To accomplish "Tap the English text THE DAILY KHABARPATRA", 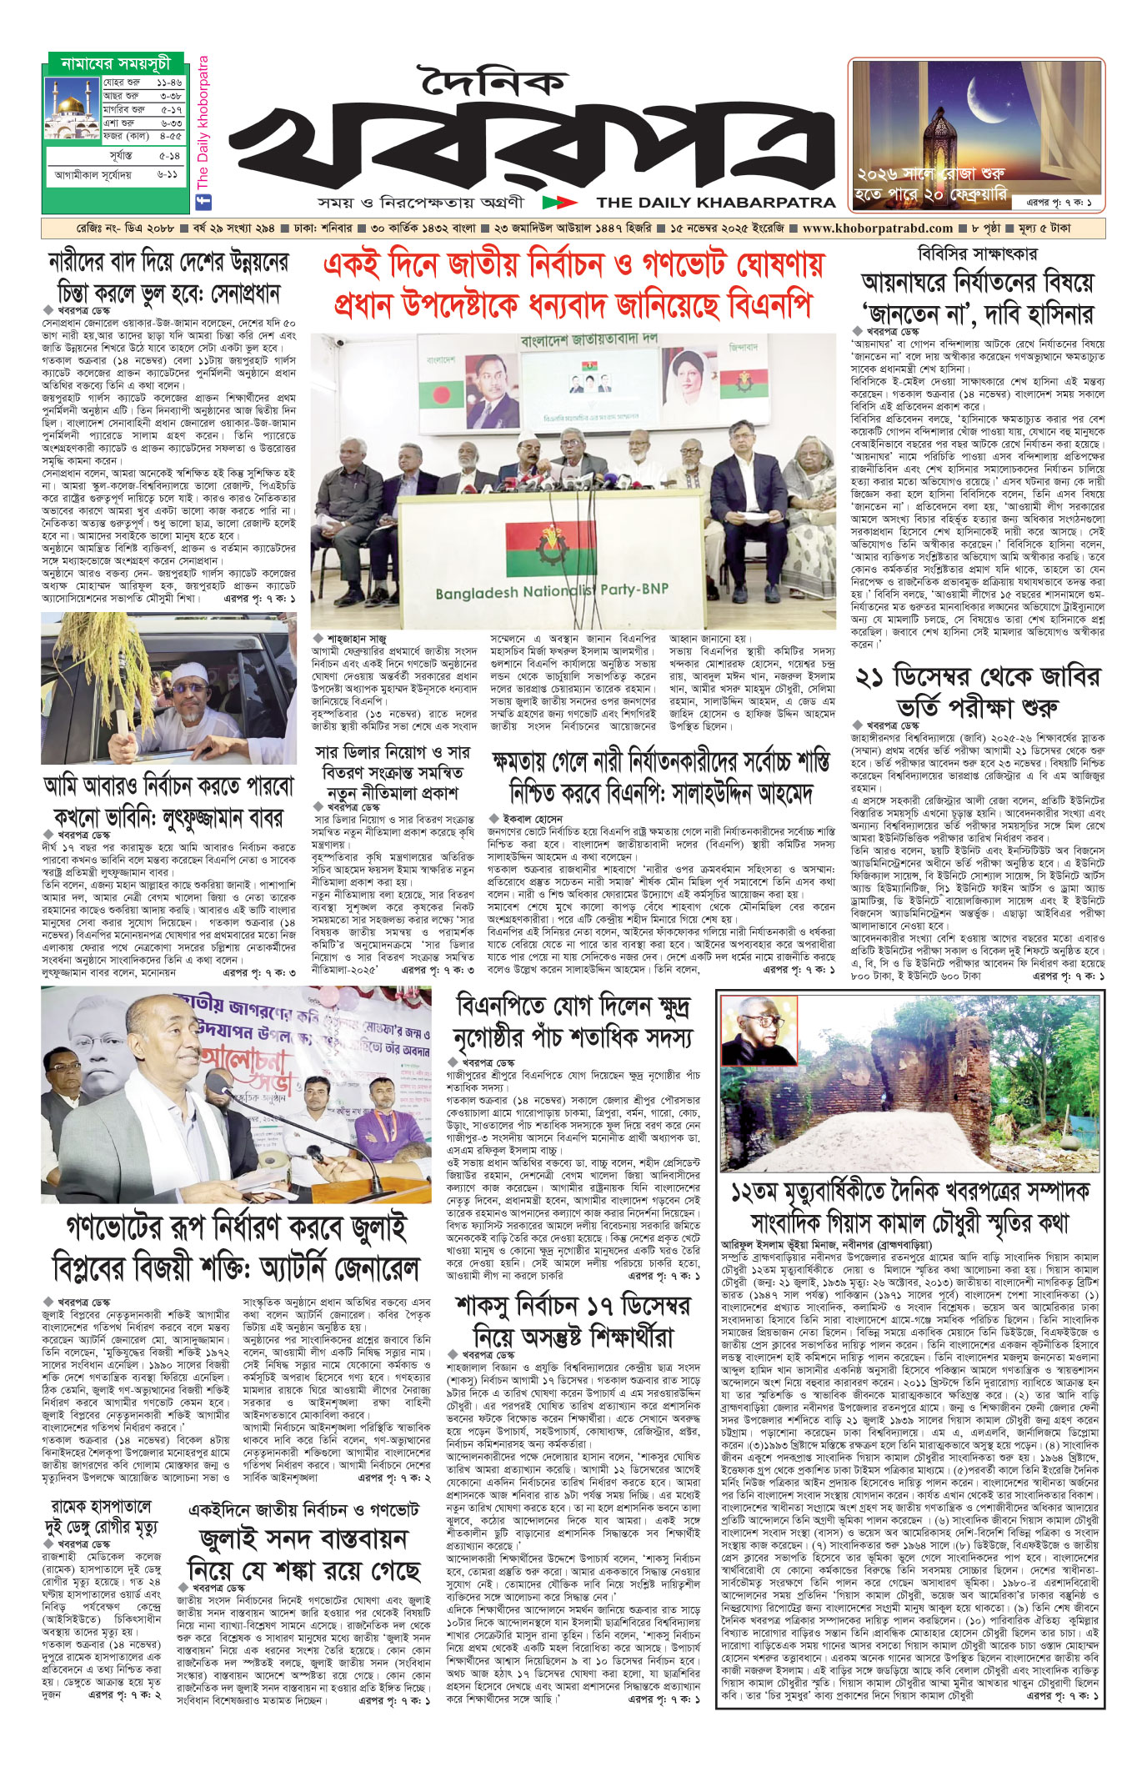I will click(716, 203).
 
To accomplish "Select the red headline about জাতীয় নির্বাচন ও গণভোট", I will click(573, 285).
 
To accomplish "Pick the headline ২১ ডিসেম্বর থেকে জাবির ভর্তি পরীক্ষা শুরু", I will click(977, 693).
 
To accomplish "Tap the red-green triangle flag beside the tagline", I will click(559, 203).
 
